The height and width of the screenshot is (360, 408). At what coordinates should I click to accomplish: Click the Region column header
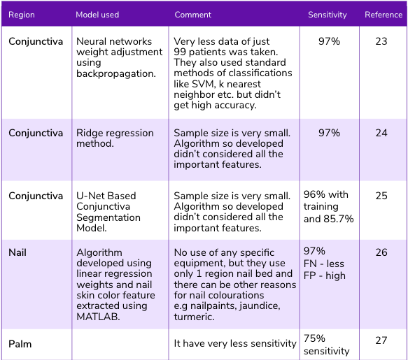coord(22,15)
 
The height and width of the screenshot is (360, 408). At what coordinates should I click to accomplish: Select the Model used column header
coord(97,15)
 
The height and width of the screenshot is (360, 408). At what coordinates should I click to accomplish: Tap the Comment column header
coord(193,15)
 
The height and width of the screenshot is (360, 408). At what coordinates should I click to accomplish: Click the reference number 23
coord(381,42)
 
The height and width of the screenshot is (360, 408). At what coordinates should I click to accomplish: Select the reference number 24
coord(381,133)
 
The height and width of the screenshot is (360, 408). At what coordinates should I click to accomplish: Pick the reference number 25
coord(381,196)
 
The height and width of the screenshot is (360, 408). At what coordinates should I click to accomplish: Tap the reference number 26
coord(381,253)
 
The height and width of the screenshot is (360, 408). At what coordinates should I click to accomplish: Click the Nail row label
coord(17,253)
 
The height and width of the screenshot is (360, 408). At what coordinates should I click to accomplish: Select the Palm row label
coord(20,344)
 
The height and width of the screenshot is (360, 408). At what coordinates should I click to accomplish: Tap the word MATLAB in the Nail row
coord(96,316)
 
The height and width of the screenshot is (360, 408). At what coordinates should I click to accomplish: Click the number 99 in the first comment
coord(181,52)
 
